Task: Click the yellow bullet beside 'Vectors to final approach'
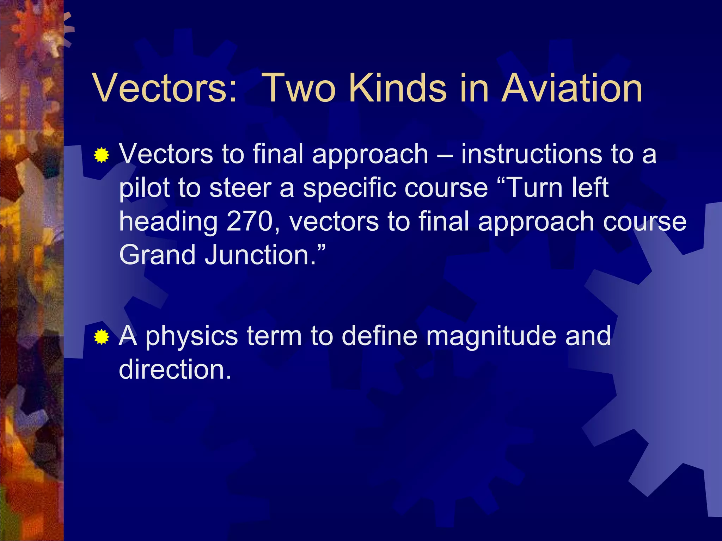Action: coord(102,155)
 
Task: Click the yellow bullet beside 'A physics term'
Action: coord(102,337)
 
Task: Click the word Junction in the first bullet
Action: coord(261,255)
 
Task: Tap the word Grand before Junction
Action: coord(158,255)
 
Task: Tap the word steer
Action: coord(241,188)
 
